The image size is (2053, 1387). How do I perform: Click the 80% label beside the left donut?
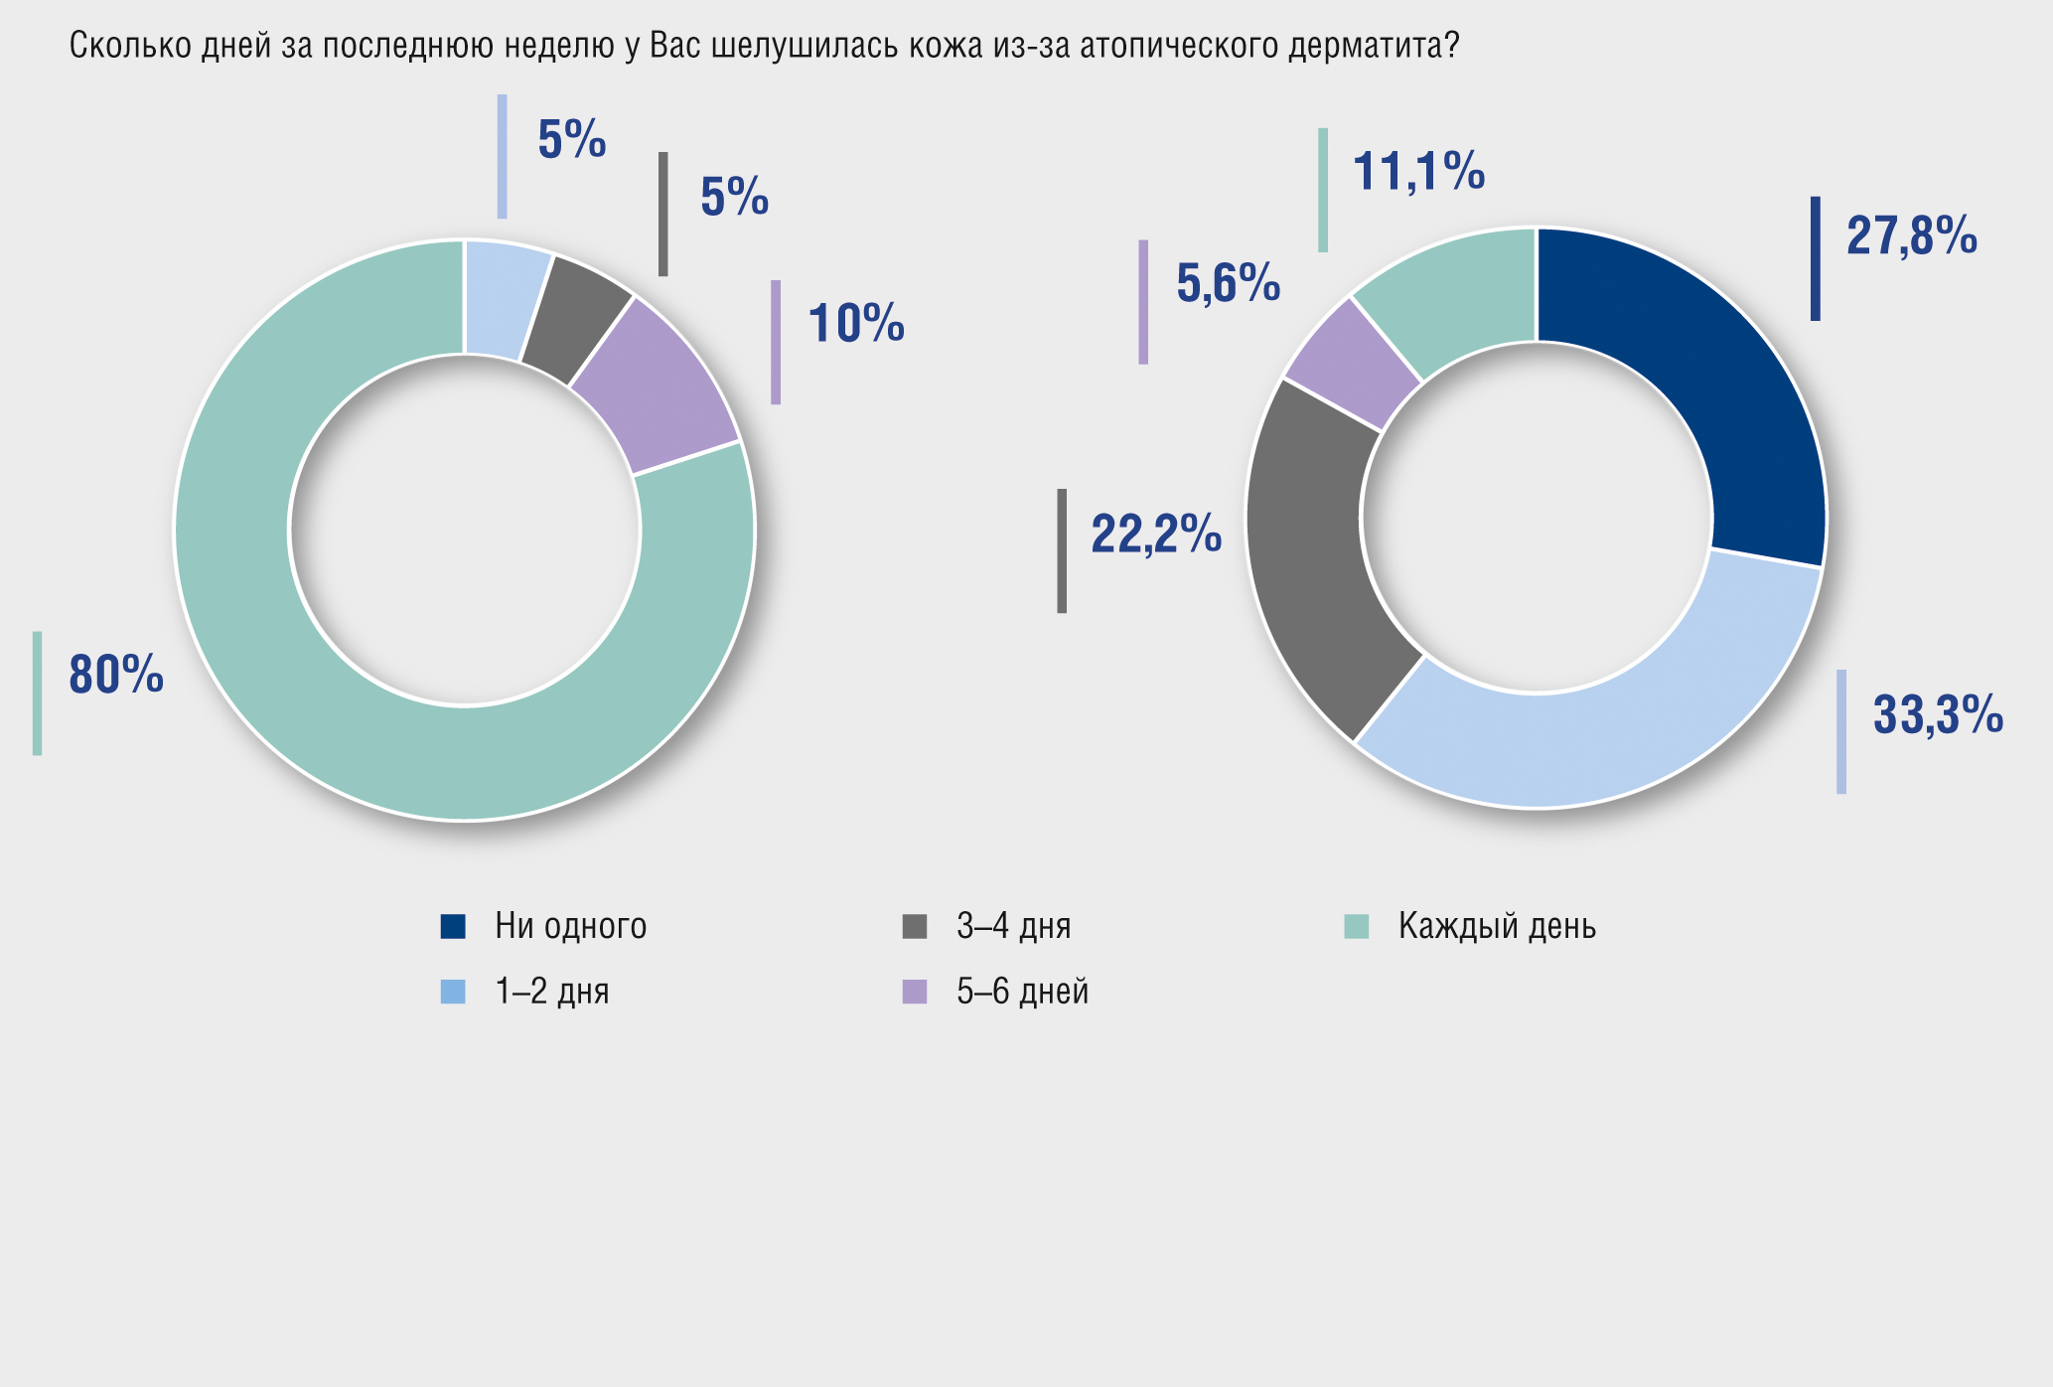[116, 676]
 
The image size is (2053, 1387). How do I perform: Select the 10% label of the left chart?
[856, 325]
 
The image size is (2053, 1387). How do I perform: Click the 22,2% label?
[1155, 536]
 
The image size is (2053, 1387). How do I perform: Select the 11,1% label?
[1418, 173]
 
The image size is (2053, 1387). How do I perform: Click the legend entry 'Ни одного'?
[570, 927]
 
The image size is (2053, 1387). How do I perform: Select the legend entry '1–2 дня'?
[551, 992]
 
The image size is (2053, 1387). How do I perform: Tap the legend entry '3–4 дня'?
[1013, 927]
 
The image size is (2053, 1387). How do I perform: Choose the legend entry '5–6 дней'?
[1022, 992]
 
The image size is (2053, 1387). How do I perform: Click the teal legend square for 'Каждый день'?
[1356, 927]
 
